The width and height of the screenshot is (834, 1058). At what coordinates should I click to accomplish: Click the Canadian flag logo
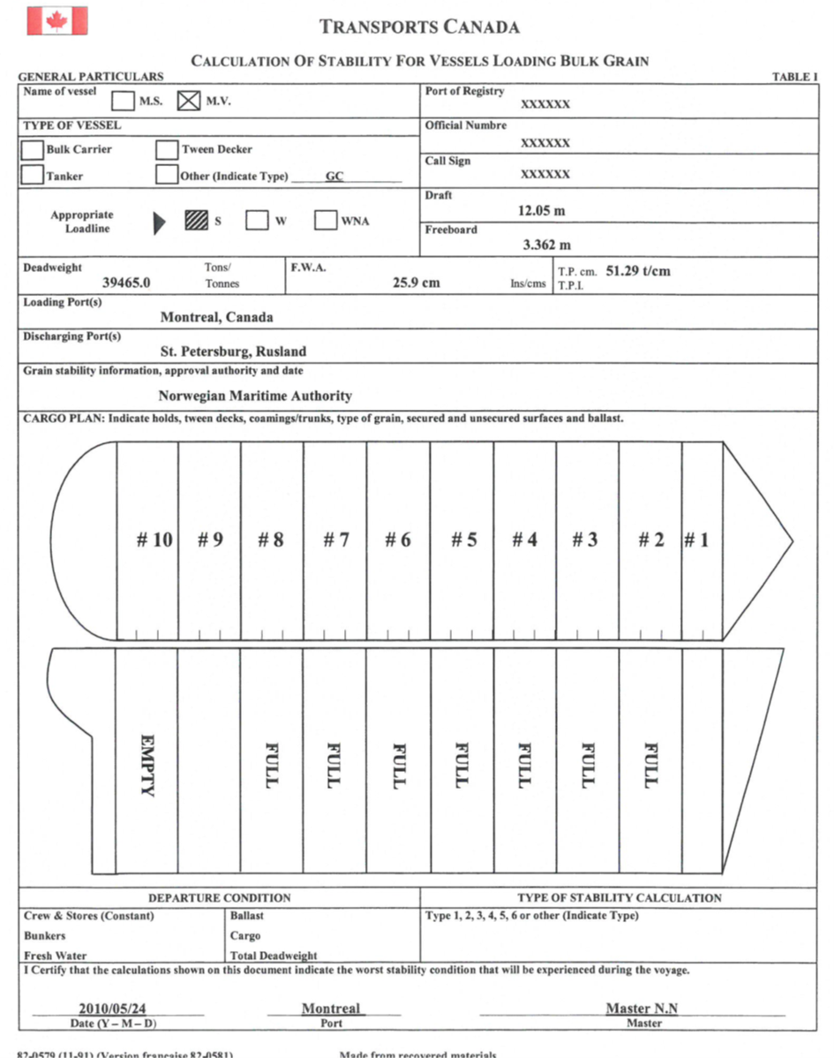[56, 20]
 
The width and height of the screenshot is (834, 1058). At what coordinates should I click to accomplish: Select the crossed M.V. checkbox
[189, 102]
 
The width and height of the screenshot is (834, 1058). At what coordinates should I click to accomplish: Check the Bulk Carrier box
[33, 150]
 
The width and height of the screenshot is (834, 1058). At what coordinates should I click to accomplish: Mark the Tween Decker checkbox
[167, 150]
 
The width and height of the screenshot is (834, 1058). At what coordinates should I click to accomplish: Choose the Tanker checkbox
[33, 175]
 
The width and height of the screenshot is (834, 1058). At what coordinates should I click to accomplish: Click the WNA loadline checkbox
[326, 220]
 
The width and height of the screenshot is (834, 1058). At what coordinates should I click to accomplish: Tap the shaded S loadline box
[196, 220]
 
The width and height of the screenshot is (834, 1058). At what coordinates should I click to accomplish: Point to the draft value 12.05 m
[541, 211]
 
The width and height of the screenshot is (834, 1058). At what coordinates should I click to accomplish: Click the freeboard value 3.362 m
[546, 245]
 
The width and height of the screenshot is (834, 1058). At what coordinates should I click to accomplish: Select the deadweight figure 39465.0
[126, 283]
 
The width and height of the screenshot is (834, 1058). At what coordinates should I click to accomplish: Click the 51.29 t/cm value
[638, 271]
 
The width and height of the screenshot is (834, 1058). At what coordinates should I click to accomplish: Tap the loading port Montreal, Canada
[216, 317]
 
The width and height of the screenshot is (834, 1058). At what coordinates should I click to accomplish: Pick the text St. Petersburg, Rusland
[233, 351]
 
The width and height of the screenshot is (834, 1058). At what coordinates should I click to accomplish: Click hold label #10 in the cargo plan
[154, 540]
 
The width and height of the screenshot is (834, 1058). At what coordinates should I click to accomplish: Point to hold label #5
[464, 540]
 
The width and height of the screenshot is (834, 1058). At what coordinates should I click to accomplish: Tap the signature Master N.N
[642, 1008]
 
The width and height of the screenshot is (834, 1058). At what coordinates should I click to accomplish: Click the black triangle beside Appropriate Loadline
[159, 223]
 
